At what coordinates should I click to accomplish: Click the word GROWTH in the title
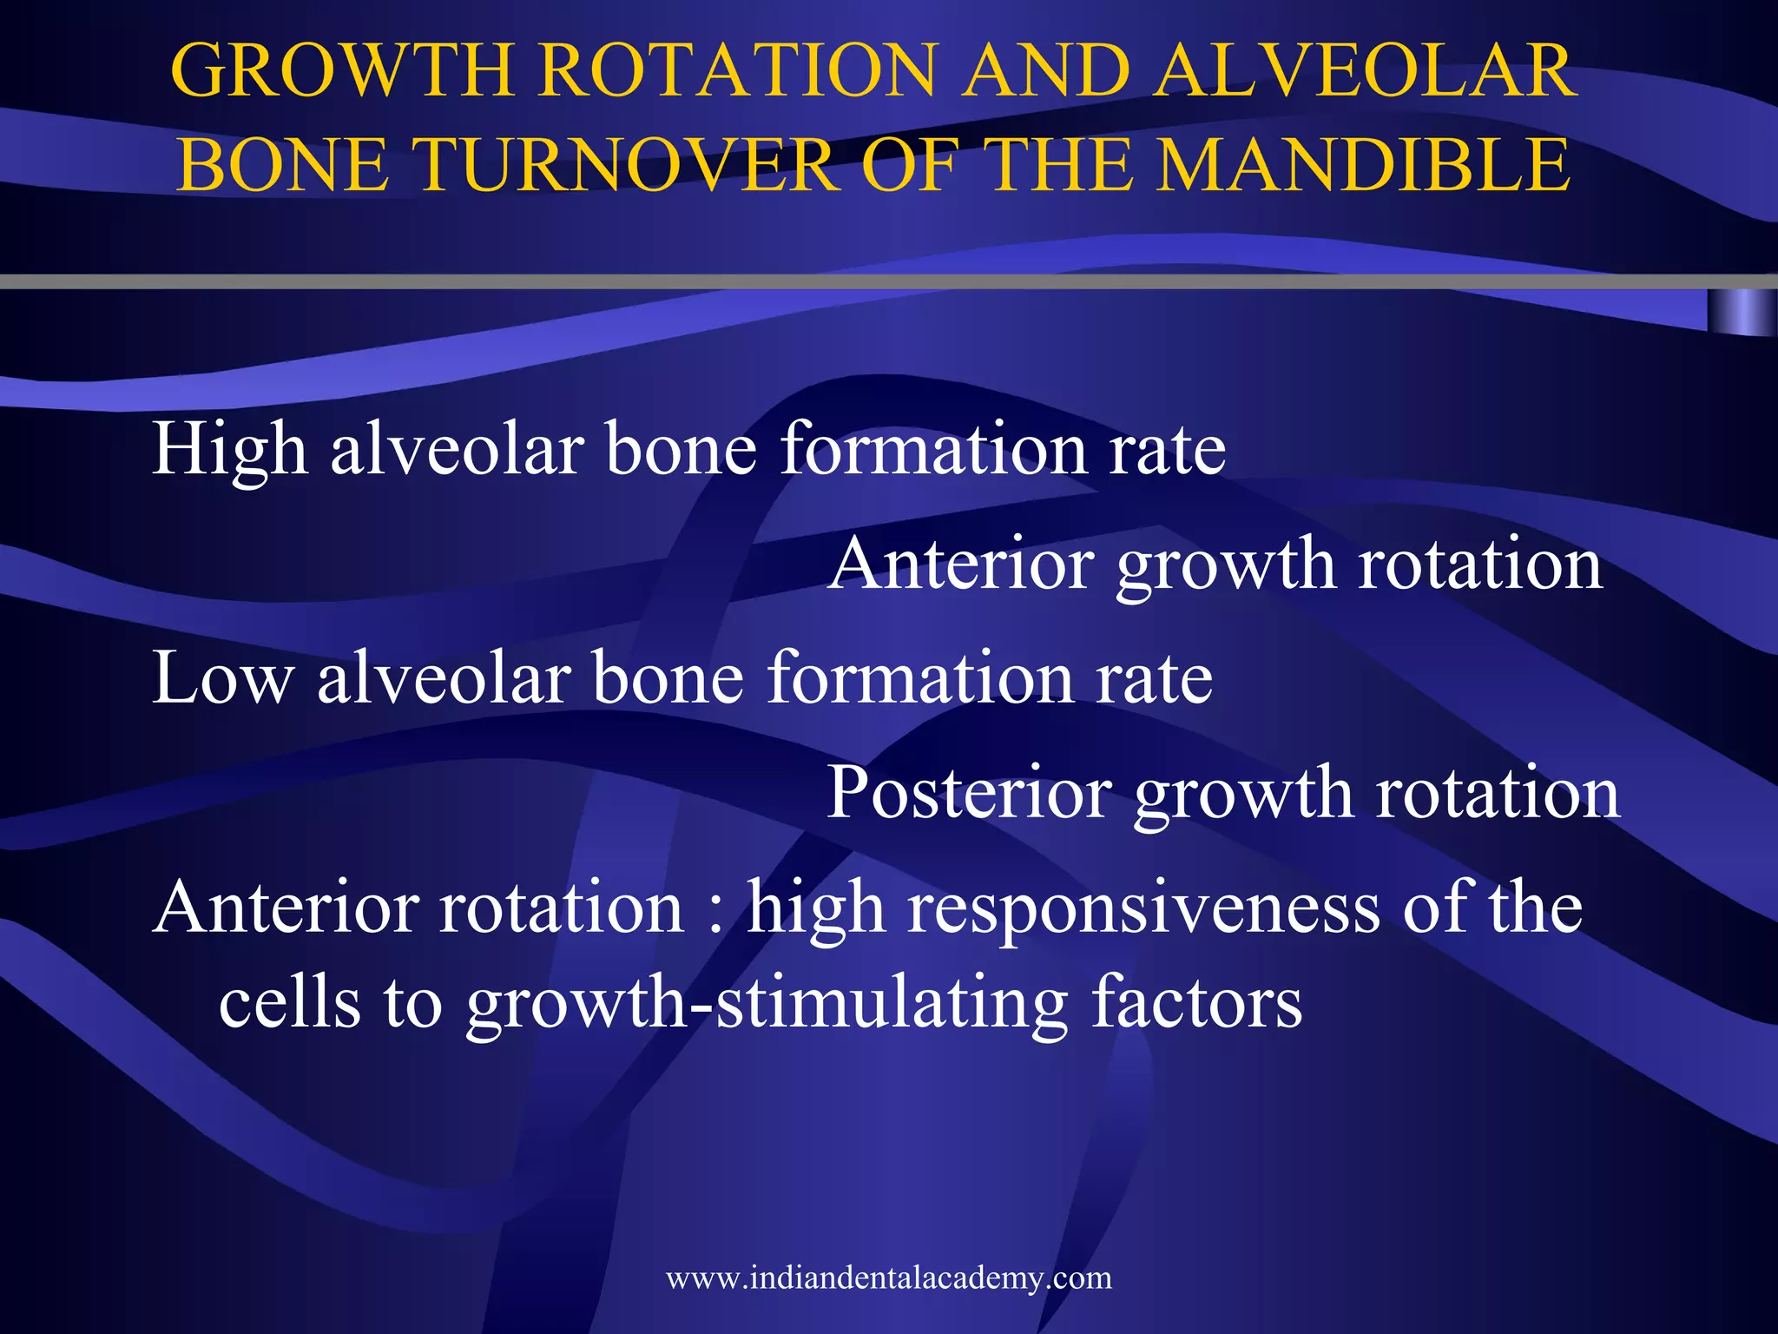tap(343, 71)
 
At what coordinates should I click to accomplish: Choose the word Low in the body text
tap(222, 678)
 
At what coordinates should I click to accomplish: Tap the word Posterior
tap(969, 793)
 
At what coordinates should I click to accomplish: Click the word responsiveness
tap(1143, 908)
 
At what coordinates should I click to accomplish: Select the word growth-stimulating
tap(767, 1004)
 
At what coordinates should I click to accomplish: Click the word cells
tap(288, 1004)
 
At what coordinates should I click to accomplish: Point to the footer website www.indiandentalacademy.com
tap(888, 1278)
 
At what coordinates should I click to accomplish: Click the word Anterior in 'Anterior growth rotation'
tap(959, 565)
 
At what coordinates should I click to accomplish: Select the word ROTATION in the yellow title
tap(738, 71)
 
